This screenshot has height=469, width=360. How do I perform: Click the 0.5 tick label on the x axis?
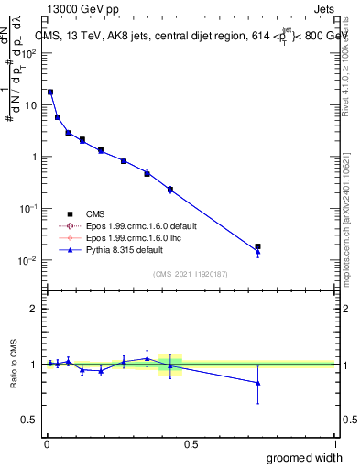[x=191, y=443]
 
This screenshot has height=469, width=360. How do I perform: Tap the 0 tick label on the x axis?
[x=47, y=443]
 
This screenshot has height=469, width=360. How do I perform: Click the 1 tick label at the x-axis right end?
[x=334, y=443]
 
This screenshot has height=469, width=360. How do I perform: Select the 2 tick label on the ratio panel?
[x=34, y=309]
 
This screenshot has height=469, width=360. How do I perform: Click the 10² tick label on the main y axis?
[x=30, y=53]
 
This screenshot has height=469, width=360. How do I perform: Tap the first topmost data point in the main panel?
[x=50, y=93]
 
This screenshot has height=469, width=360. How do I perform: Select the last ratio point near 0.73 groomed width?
[x=257, y=383]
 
